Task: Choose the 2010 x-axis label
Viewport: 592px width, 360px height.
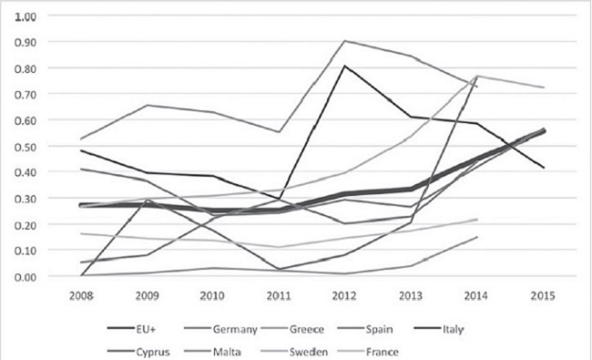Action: pyautogui.click(x=211, y=297)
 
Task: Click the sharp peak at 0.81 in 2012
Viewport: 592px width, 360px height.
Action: pyautogui.click(x=345, y=66)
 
